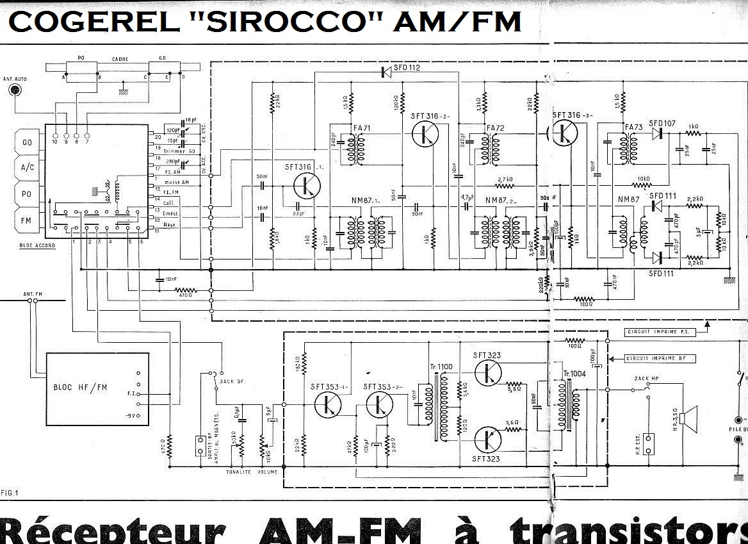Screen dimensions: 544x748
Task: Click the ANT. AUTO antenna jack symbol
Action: (13, 90)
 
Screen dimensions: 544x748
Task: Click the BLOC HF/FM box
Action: (97, 389)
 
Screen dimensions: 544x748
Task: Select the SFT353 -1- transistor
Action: (329, 404)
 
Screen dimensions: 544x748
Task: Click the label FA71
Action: (362, 129)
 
